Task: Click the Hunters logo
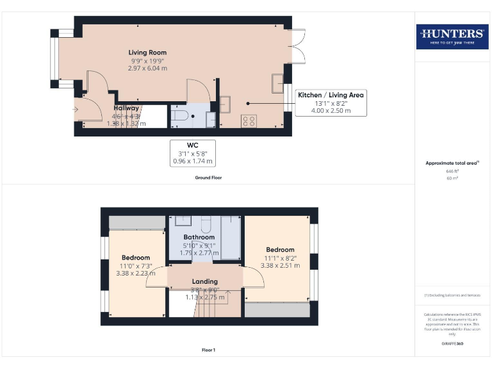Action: pos(452,37)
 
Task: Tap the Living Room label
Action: pos(147,53)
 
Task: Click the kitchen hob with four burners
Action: pos(249,120)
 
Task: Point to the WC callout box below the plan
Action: pos(192,153)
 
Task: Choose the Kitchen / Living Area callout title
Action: pos(331,95)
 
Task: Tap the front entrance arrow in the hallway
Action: pos(76,110)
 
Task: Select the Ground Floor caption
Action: pos(208,177)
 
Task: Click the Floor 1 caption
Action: pos(208,350)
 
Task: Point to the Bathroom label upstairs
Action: pos(199,237)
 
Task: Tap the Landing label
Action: pos(205,281)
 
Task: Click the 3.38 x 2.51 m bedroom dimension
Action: pos(280,265)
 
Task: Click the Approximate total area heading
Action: pos(452,164)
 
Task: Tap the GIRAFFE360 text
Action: pos(452,345)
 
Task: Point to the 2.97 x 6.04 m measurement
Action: pos(147,68)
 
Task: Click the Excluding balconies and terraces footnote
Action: pos(452,295)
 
